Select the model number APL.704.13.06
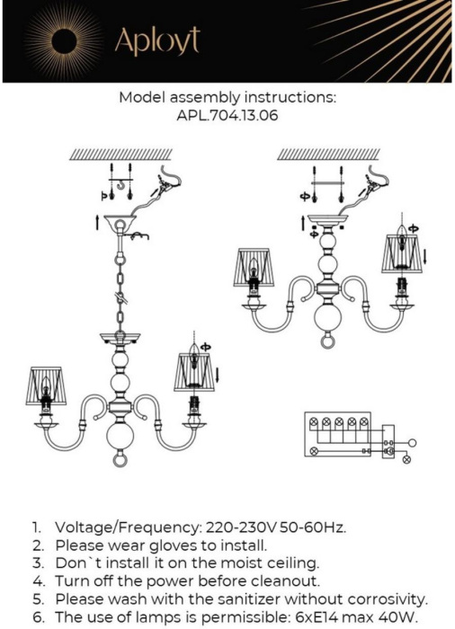coord(227,115)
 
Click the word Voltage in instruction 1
coord(86,527)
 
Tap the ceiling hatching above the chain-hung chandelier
coord(119,154)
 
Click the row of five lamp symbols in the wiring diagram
coord(340,421)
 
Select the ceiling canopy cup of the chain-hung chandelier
coord(118,222)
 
